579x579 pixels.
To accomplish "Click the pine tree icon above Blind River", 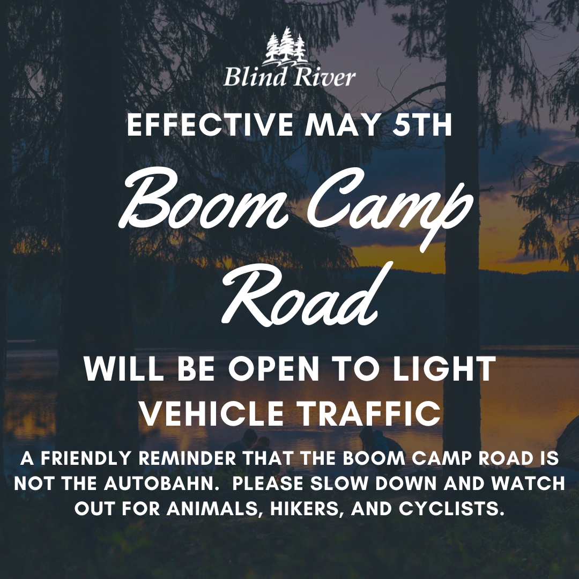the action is point(286,47).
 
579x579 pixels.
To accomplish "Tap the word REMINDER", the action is point(187,458).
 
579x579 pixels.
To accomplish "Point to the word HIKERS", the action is point(307,508).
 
